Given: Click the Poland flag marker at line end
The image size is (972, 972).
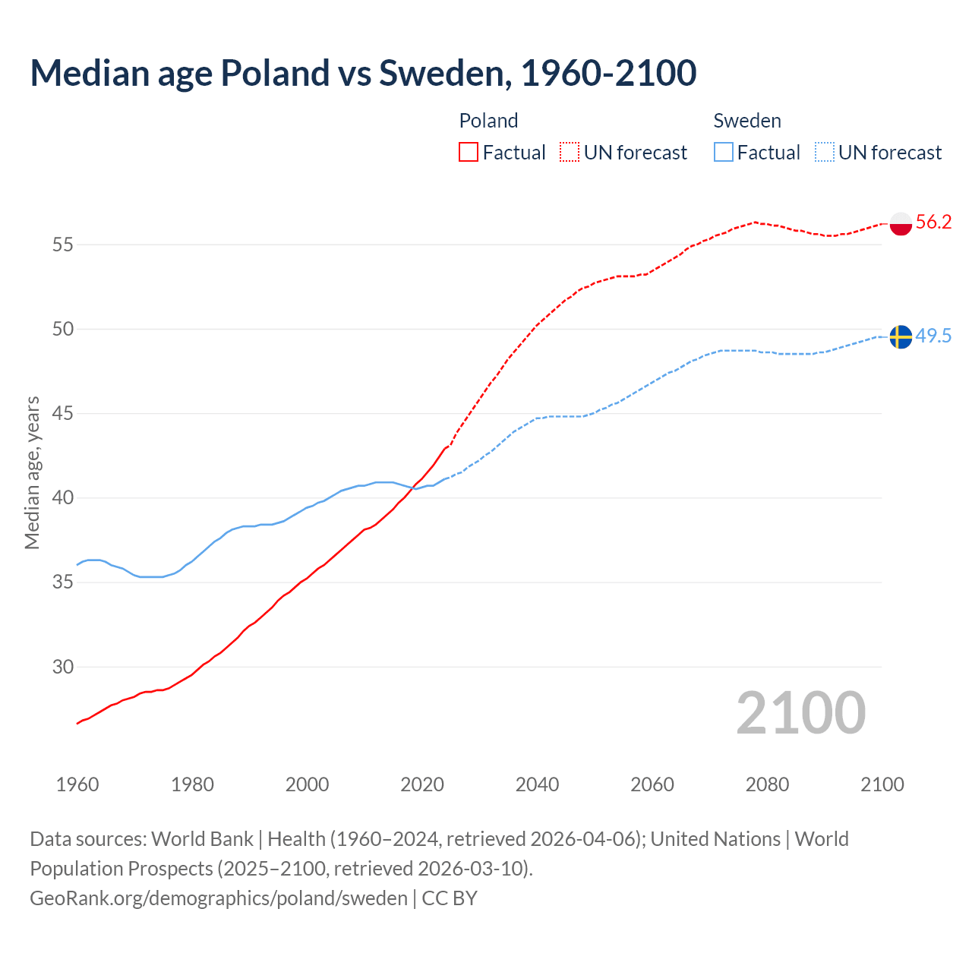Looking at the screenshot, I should tap(901, 223).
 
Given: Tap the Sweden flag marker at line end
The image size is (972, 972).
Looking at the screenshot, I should tap(901, 336).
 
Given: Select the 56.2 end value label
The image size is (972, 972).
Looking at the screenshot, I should tap(933, 222).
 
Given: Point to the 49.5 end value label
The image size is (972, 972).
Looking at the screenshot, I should tap(933, 336).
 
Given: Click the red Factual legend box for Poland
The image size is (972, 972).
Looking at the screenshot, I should tap(469, 153).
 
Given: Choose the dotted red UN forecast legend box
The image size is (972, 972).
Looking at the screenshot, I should tap(570, 153).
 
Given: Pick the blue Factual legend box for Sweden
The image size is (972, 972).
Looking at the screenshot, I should tap(724, 153).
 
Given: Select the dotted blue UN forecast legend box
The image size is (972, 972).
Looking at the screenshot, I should tap(825, 153).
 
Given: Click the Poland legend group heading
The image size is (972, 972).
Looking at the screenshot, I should tap(488, 121).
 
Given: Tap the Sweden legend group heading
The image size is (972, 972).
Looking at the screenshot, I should tap(747, 121).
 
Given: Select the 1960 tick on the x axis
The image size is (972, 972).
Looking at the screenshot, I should tap(77, 784).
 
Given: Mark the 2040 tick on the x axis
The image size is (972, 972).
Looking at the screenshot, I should tap(537, 784).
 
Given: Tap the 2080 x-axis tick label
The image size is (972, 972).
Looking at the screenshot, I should tap(767, 784).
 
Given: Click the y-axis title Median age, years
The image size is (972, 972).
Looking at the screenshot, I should tap(32, 472).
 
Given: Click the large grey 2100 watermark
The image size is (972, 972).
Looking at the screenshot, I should tap(800, 713).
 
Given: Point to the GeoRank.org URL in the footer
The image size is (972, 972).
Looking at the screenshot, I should tap(219, 898).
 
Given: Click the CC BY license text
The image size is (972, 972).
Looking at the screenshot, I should tap(450, 898).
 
